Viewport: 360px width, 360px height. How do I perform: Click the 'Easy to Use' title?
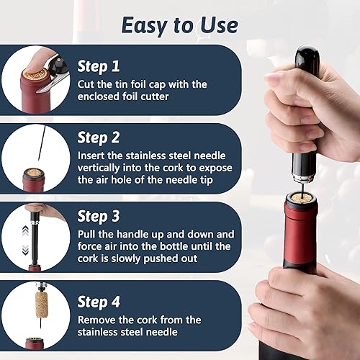click(x=179, y=26)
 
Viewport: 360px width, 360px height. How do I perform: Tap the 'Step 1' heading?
click(x=99, y=66)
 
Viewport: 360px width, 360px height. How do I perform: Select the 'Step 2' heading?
click(x=99, y=138)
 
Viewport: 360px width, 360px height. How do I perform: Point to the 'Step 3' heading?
click(x=99, y=216)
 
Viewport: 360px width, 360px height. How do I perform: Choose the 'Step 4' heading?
click(x=99, y=302)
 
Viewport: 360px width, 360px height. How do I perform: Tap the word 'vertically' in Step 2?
click(x=99, y=168)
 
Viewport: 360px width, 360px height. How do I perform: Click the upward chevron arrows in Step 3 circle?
click(x=25, y=231)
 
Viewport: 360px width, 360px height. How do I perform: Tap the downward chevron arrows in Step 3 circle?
click(x=25, y=250)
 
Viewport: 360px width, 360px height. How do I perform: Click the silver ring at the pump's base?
click(x=303, y=178)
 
